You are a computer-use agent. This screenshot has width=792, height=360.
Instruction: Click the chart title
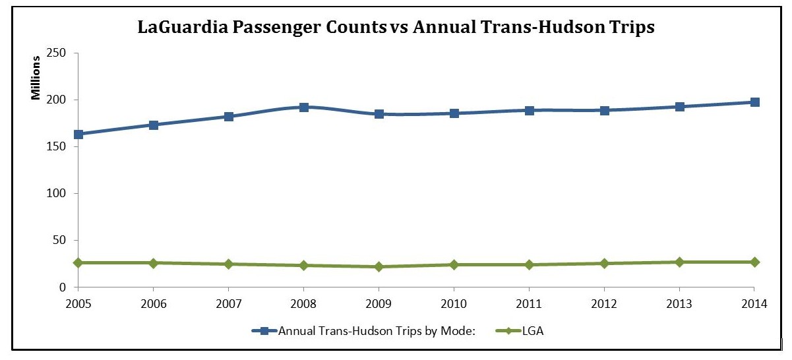(x=396, y=28)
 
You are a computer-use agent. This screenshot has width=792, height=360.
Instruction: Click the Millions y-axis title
(x=37, y=78)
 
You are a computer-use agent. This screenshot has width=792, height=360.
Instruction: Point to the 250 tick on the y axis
(x=60, y=53)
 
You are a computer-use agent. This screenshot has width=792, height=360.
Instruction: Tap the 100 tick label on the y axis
(x=60, y=194)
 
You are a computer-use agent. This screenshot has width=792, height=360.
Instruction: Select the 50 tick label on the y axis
(x=63, y=241)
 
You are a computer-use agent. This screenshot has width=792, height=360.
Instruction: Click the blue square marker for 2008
(x=303, y=107)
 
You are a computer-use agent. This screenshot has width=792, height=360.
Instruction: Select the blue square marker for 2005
(x=78, y=135)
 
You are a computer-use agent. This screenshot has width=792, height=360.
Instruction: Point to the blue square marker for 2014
(x=754, y=102)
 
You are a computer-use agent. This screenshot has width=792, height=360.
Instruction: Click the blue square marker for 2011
(x=529, y=110)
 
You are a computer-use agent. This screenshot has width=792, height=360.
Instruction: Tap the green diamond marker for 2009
(x=379, y=267)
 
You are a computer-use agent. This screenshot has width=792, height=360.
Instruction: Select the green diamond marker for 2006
(x=153, y=263)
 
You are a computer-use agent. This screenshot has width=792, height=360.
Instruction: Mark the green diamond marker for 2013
(x=679, y=262)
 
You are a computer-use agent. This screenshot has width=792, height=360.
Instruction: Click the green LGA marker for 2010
(x=454, y=265)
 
